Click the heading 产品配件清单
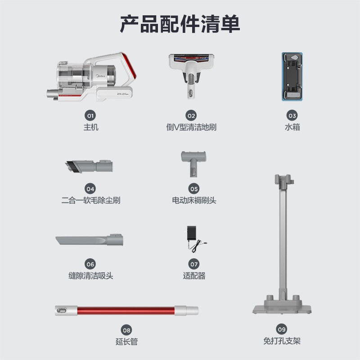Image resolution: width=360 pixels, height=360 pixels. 180,24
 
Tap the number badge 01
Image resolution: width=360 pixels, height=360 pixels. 90,116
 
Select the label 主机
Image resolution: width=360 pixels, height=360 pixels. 91,127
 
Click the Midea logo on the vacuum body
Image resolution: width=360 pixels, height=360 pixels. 100,76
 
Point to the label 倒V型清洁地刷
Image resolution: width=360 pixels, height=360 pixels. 191,127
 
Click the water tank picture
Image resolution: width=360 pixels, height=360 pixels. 292,76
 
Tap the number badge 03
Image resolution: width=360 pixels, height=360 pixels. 292,116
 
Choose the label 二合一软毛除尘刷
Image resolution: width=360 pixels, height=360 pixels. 91,200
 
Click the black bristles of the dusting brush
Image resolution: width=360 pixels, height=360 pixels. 69,166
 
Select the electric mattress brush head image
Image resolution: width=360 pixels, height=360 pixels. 193,164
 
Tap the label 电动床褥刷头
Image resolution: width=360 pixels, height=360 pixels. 194,200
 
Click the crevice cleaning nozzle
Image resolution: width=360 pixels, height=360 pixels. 89,240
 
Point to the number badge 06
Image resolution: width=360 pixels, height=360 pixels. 90,264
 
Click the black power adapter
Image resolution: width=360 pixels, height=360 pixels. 192,233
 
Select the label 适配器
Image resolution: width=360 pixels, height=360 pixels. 194,276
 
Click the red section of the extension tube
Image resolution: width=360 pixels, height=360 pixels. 126,310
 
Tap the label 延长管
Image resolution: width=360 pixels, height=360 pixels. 126,342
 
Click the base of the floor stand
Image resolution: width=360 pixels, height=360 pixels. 282,307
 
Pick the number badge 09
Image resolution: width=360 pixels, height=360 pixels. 282,329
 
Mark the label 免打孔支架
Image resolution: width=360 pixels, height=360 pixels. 282,341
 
